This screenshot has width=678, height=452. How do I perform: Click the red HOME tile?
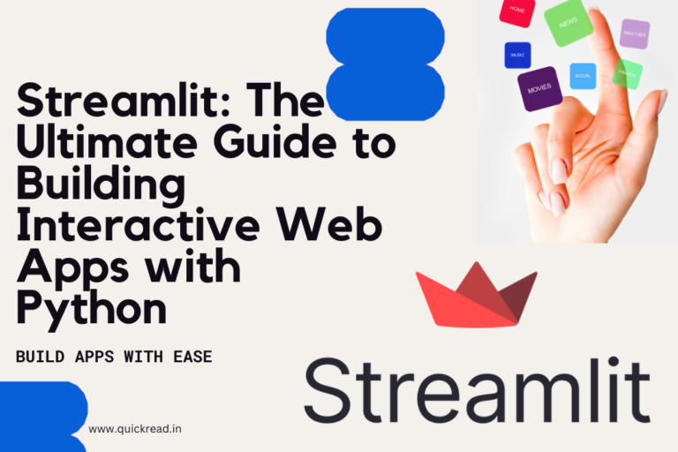coord(517,11)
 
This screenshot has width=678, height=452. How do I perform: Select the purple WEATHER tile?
coord(634,34)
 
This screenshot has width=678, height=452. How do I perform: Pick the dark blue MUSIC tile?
coord(517,55)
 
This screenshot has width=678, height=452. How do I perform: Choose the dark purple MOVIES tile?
coord(539,89)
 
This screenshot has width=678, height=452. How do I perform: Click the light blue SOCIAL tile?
coord(583,76)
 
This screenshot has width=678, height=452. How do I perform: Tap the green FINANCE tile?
coord(628,73)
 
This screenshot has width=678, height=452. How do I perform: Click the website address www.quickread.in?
coord(135,429)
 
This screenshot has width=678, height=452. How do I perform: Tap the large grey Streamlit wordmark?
coord(477,391)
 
